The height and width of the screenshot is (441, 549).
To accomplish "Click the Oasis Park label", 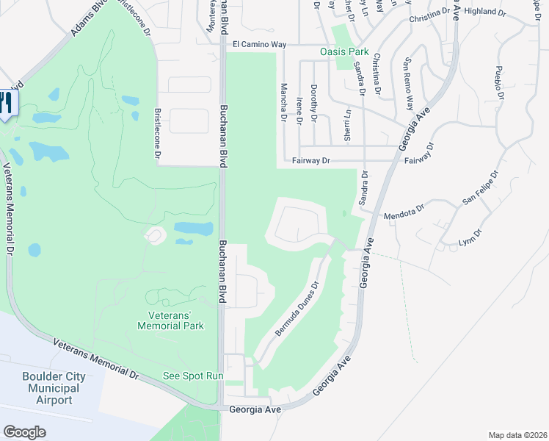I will (x=343, y=52).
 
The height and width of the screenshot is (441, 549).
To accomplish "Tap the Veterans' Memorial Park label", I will (x=170, y=320).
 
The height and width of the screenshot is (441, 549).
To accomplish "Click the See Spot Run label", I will (x=192, y=376).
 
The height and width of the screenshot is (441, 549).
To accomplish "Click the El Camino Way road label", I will (x=258, y=45).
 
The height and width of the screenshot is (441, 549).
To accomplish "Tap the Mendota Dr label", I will (x=404, y=213).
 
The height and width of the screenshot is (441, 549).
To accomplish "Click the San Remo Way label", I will (x=408, y=73).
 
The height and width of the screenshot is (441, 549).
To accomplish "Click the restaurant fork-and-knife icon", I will (x=6, y=103).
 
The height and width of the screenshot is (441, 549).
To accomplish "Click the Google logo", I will (x=24, y=431).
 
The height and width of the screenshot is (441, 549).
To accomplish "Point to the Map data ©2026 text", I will (x=516, y=434).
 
